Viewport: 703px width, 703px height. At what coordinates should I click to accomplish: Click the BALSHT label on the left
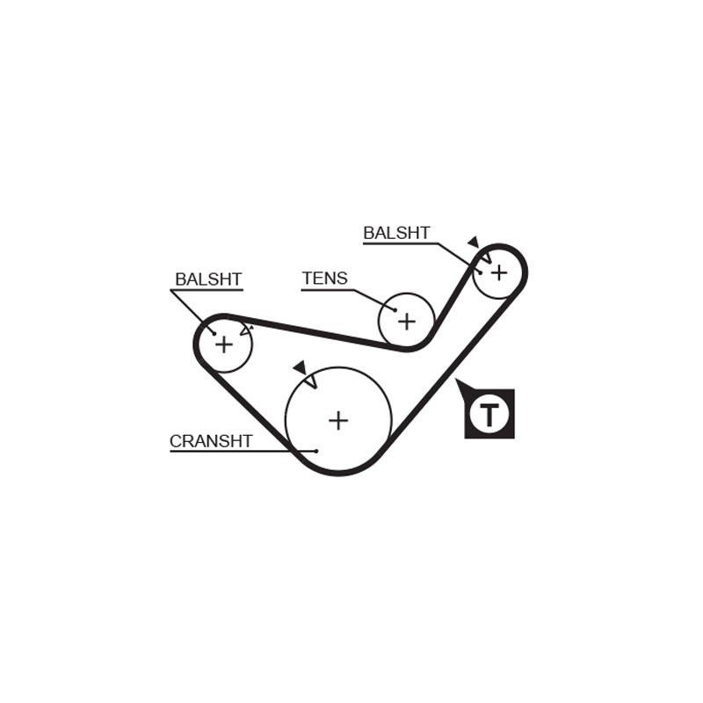click(x=208, y=279)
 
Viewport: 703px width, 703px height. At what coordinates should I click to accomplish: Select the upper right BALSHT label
click(x=396, y=233)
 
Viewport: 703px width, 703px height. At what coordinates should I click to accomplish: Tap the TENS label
click(x=324, y=279)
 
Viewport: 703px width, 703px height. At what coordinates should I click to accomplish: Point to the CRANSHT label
click(x=211, y=441)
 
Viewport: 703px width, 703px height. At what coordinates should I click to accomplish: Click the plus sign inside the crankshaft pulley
click(x=338, y=421)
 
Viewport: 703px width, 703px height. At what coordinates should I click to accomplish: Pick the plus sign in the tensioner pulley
click(x=407, y=322)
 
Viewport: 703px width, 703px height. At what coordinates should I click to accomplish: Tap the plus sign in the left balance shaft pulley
click(x=224, y=344)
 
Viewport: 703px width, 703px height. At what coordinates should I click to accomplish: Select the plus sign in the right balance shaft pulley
click(x=498, y=272)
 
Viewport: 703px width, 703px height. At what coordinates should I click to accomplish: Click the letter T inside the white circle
click(x=489, y=415)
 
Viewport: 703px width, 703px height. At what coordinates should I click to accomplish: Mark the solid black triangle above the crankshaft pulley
click(x=300, y=366)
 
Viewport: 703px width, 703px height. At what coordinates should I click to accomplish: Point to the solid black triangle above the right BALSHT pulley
click(x=474, y=243)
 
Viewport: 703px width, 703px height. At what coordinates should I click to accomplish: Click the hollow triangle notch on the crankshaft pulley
click(x=311, y=382)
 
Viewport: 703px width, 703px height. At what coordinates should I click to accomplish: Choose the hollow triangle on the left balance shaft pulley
click(x=246, y=330)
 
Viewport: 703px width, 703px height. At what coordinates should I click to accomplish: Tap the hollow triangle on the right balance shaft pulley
click(x=487, y=257)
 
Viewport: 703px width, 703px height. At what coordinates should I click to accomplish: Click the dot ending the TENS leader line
click(x=395, y=310)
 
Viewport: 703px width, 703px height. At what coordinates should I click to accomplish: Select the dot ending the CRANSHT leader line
click(x=316, y=451)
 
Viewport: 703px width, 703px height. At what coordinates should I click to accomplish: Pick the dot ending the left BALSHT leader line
click(x=214, y=334)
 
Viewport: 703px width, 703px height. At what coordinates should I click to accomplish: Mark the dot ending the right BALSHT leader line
click(x=481, y=272)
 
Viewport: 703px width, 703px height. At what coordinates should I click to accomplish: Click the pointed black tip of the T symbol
click(x=456, y=380)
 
